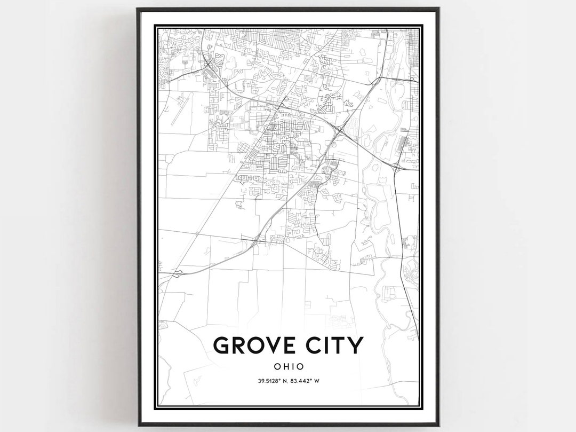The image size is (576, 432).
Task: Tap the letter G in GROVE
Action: coord(222,345)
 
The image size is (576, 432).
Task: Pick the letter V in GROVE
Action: coord(270,345)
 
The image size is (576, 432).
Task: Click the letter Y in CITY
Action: coord(355,345)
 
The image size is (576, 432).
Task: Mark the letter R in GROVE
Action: coord(238,345)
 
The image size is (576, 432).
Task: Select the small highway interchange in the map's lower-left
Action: coord(177,273)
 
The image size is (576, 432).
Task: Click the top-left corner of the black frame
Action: coord(138,9)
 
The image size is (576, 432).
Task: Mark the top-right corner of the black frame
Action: coord(438,9)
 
